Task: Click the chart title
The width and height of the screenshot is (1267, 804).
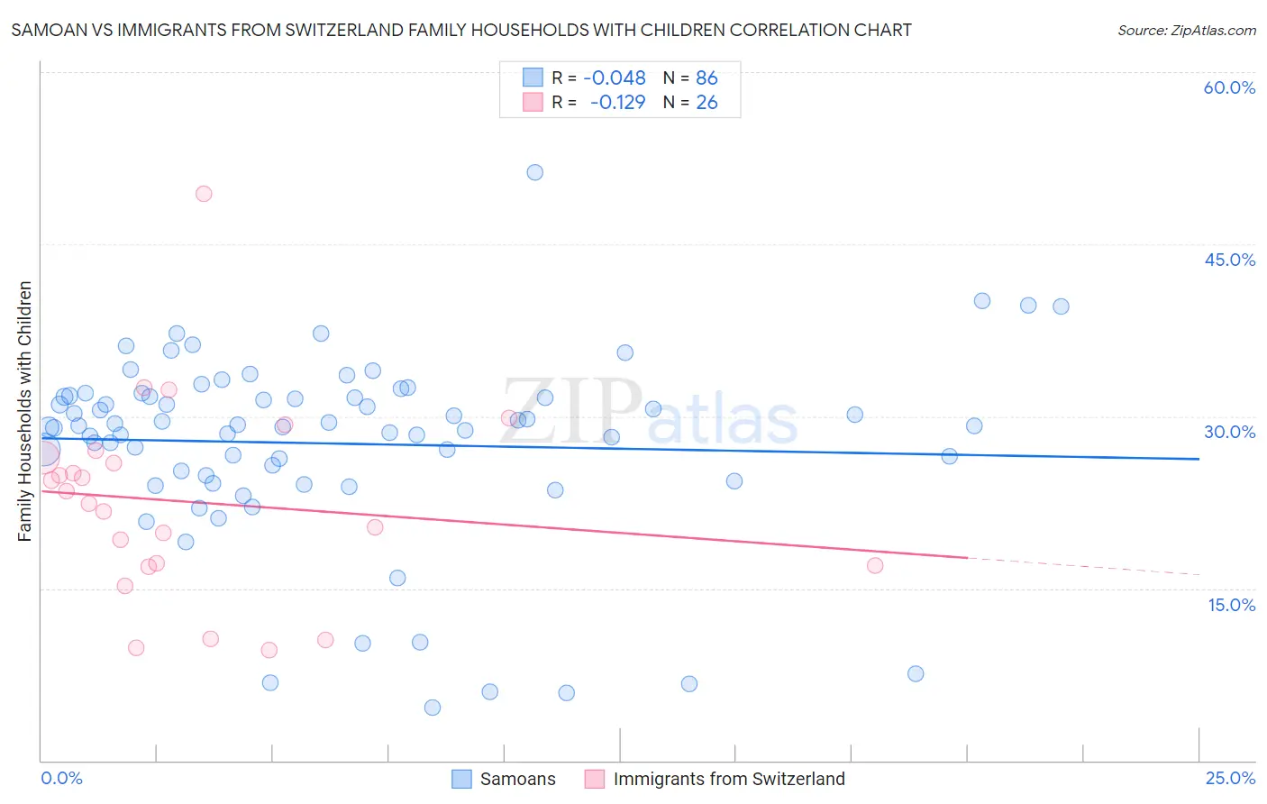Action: (461, 30)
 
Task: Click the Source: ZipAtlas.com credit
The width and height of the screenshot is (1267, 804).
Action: (1186, 30)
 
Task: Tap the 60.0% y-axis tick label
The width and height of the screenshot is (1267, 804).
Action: (1229, 87)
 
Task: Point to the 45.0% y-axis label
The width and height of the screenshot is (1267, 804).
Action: (1229, 260)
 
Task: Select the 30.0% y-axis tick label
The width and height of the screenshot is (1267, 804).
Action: (1229, 432)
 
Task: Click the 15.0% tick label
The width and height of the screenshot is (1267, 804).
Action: (1231, 605)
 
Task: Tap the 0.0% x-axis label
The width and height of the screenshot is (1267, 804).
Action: (61, 778)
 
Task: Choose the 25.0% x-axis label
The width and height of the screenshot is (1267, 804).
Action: (1230, 778)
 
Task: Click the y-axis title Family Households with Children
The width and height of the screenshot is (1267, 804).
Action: (24, 411)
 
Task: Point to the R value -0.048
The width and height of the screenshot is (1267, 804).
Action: (615, 78)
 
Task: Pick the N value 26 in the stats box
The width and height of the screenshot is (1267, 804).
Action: (706, 103)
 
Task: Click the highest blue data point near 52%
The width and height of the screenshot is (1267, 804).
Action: (534, 172)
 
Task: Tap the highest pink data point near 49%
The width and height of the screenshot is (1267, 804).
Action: (204, 194)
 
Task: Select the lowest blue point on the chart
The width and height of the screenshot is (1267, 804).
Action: (433, 708)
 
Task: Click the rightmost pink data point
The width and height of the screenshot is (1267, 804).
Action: (875, 565)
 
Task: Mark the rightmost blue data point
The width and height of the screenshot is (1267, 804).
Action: (1061, 306)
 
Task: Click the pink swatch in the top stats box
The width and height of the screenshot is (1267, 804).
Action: (533, 103)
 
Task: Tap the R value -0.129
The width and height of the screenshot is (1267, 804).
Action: (617, 103)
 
